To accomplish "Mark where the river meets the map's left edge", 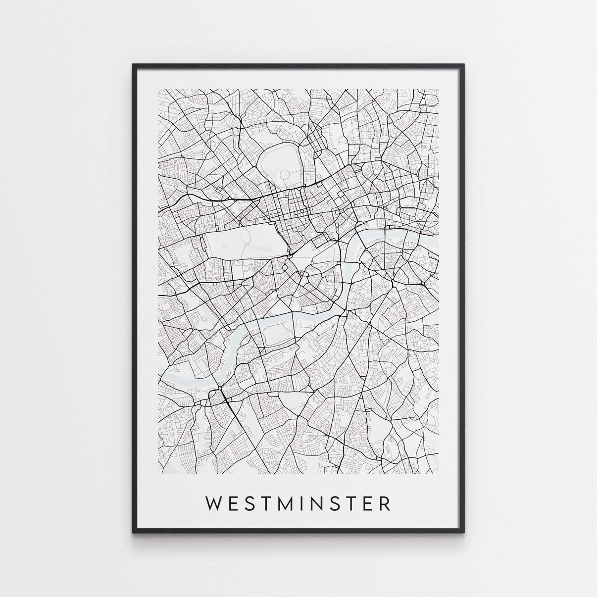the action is point(159,369).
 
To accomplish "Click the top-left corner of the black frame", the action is point(134,64).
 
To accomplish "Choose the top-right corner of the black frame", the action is point(464,64).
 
